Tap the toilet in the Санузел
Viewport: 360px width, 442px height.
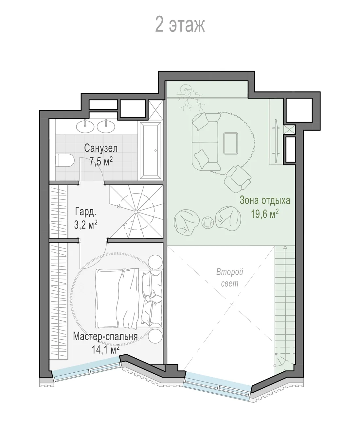tap(64, 160)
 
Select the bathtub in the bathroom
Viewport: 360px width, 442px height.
tap(151, 150)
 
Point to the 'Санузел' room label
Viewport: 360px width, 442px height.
tap(101, 148)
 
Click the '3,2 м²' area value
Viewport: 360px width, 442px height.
tap(86, 224)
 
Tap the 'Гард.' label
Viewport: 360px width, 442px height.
tap(86, 211)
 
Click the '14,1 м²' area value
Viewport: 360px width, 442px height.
tap(105, 350)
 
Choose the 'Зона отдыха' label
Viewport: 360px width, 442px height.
tap(265, 200)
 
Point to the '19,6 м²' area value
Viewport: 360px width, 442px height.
tap(265, 214)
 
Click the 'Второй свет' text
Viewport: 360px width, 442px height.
tap(229, 278)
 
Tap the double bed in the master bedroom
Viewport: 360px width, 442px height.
tap(129, 298)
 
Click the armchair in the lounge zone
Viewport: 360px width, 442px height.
tap(238, 179)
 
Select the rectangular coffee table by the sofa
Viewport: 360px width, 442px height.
tap(231, 144)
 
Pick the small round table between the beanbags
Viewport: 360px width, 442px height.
tap(208, 223)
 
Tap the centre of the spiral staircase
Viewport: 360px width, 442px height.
tap(136, 212)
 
